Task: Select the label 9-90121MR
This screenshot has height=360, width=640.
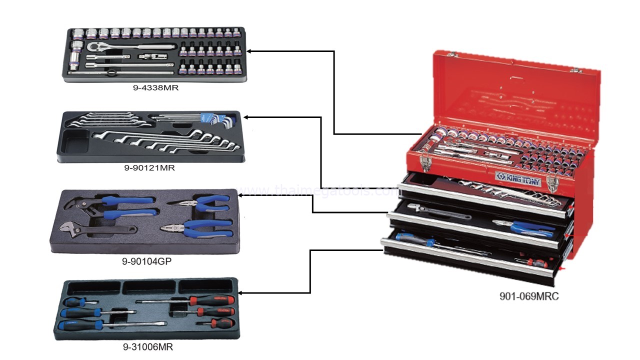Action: click(x=149, y=168)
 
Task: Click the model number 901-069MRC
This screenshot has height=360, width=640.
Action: click(x=529, y=296)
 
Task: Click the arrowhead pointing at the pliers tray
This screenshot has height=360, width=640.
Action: click(x=241, y=194)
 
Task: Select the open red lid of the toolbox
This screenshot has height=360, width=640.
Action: click(x=515, y=95)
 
